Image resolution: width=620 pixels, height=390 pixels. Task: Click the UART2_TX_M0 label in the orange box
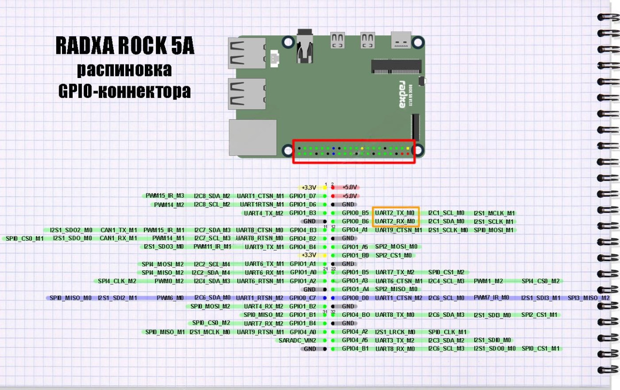click(x=395, y=213)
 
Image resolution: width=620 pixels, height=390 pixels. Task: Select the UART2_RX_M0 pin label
click(x=395, y=221)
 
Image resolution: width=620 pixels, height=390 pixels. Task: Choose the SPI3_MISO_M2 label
click(x=589, y=297)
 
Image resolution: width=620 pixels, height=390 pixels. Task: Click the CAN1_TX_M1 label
click(x=119, y=230)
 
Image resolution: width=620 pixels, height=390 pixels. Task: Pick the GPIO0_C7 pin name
click(x=303, y=297)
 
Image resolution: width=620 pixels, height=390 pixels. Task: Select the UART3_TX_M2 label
click(x=395, y=340)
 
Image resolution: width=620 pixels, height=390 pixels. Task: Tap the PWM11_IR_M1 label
click(x=212, y=247)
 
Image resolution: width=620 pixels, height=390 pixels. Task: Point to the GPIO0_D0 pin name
click(x=355, y=297)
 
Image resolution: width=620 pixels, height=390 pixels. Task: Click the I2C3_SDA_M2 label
click(x=446, y=340)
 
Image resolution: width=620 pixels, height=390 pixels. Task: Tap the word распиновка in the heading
click(x=124, y=69)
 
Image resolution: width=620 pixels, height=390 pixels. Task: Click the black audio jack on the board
click(x=305, y=48)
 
